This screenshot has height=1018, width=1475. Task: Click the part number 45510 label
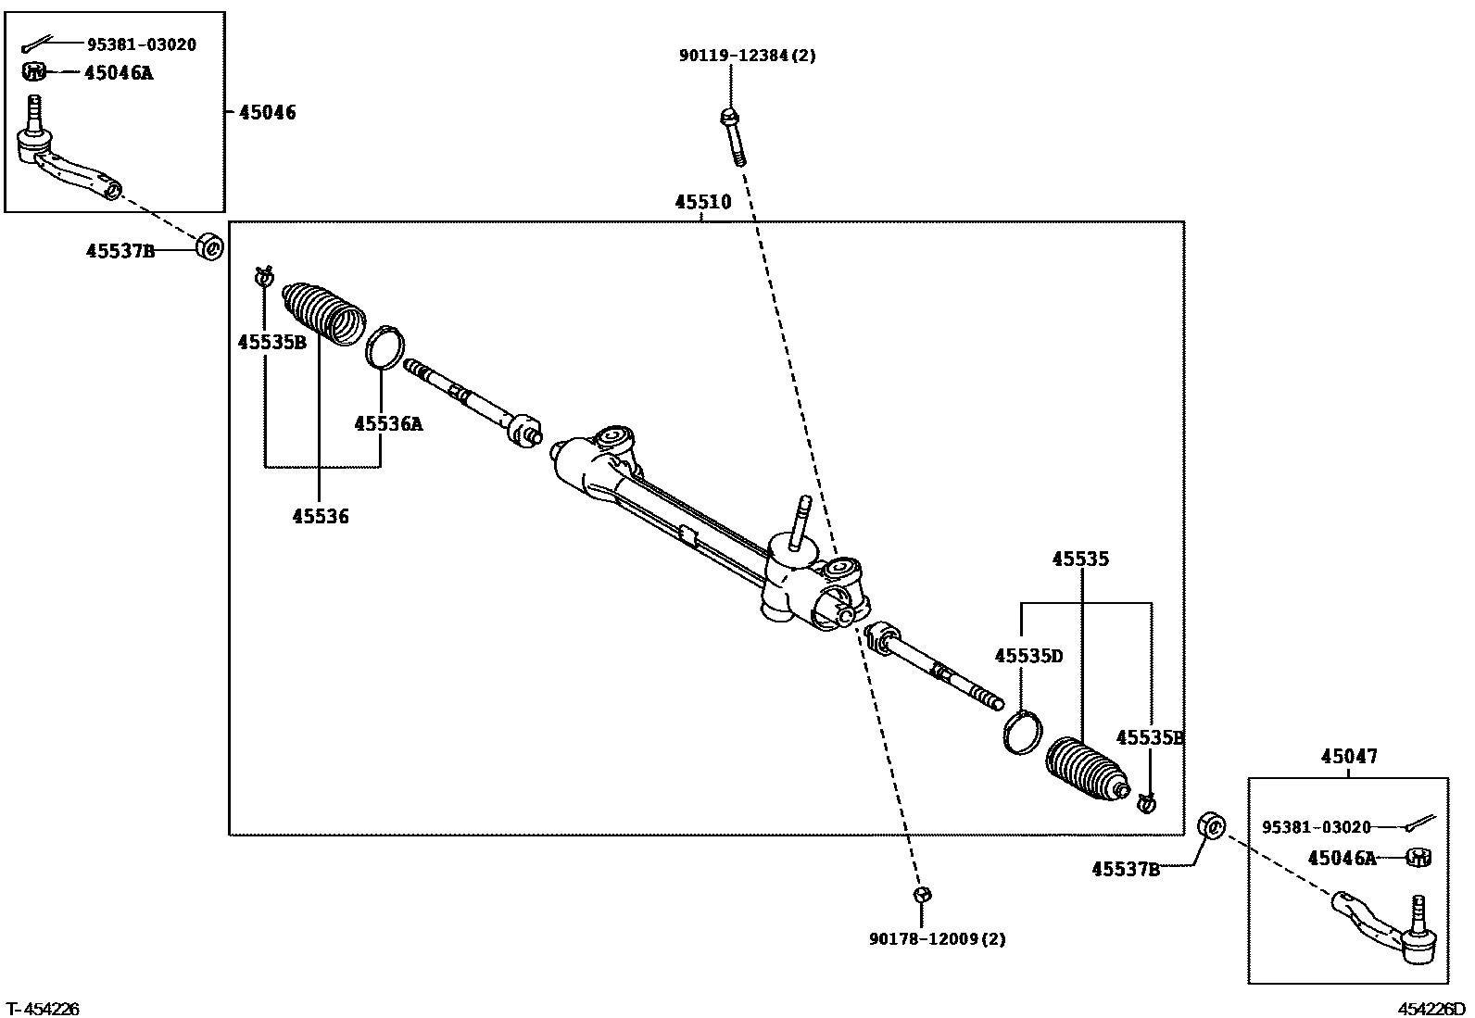coord(702,203)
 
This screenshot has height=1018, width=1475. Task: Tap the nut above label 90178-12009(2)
coord(921,894)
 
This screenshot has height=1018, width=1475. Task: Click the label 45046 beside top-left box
coord(268,113)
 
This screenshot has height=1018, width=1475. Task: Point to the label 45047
coord(1348,757)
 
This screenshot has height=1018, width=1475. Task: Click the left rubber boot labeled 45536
coord(322,312)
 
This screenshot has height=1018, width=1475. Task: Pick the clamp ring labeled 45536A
coord(385,346)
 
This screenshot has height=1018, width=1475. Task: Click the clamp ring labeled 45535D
coord(1020,731)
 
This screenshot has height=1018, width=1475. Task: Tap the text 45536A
coord(387,424)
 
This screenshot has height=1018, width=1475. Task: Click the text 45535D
coord(1028,656)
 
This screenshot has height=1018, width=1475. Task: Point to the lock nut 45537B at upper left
coord(211,248)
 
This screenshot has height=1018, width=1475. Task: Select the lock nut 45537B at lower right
coord(1212,824)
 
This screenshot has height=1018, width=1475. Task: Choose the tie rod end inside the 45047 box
coord(1385,924)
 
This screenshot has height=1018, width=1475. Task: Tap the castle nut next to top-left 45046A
coord(33,70)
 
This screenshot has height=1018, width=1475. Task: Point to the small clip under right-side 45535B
coord(1146,802)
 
